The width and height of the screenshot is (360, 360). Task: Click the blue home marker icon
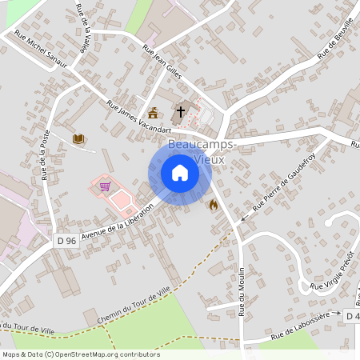[180, 173]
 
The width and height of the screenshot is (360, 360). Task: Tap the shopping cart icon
[104, 186]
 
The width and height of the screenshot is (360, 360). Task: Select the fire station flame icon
[213, 205]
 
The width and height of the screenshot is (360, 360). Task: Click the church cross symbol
[182, 112]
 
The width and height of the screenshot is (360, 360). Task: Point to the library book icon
[78, 139]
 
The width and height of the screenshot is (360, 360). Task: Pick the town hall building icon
[153, 112]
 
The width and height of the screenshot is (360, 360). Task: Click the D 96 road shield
[66, 240]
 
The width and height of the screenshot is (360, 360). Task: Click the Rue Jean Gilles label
[162, 62]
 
